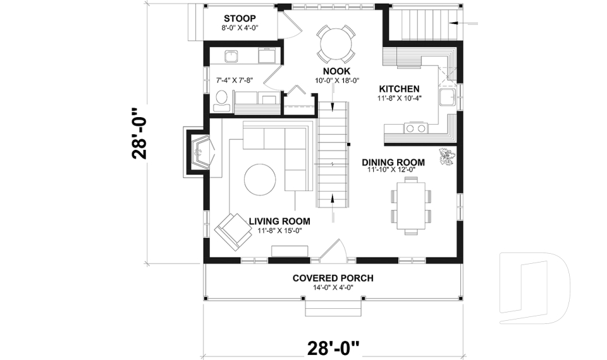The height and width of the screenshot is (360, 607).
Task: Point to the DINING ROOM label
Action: click(393, 162)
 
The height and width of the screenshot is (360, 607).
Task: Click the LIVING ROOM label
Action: click(279, 221)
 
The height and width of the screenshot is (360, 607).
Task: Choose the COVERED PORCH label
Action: click(333, 278)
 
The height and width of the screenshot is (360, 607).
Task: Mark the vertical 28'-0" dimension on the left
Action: click(139, 135)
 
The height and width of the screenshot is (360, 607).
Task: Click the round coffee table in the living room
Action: click(260, 180)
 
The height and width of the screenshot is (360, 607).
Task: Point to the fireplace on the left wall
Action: click(199, 152)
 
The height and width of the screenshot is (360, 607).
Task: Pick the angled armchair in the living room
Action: click(232, 232)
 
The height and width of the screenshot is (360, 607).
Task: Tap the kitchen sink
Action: click(448, 98)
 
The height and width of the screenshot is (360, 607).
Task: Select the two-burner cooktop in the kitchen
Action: click(415, 128)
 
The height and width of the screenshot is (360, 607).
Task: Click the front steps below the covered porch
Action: click(333, 308)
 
